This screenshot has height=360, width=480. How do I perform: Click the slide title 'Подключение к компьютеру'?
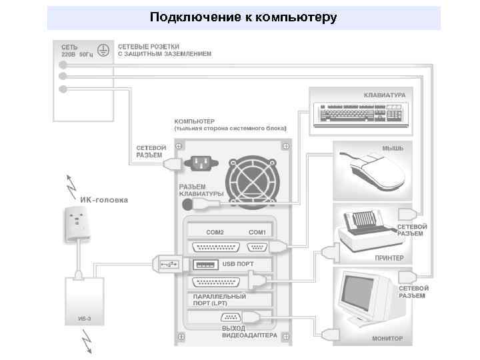click(243, 17)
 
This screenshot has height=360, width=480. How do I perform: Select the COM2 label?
click(215, 232)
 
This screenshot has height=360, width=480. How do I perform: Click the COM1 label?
click(257, 232)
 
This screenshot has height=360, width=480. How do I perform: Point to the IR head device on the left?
click(79, 224)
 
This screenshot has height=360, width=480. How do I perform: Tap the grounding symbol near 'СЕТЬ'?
click(103, 49)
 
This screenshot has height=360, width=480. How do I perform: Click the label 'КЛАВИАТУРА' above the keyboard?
click(385, 95)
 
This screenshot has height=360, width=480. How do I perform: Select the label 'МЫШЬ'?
click(392, 148)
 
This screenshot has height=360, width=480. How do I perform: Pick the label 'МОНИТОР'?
click(387, 339)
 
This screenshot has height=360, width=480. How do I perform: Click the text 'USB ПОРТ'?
click(238, 264)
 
